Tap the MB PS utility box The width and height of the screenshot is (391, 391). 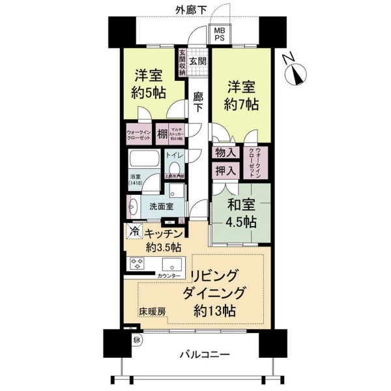tap(218, 34)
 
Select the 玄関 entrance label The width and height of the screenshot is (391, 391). tap(199, 61)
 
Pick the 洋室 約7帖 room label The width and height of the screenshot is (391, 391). tap(242, 94)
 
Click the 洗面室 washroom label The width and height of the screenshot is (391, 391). tap(161, 206)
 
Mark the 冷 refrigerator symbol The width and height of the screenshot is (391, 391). tap(134, 231)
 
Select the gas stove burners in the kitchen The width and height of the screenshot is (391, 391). tap(138, 264)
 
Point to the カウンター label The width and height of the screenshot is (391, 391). tap(169, 277)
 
